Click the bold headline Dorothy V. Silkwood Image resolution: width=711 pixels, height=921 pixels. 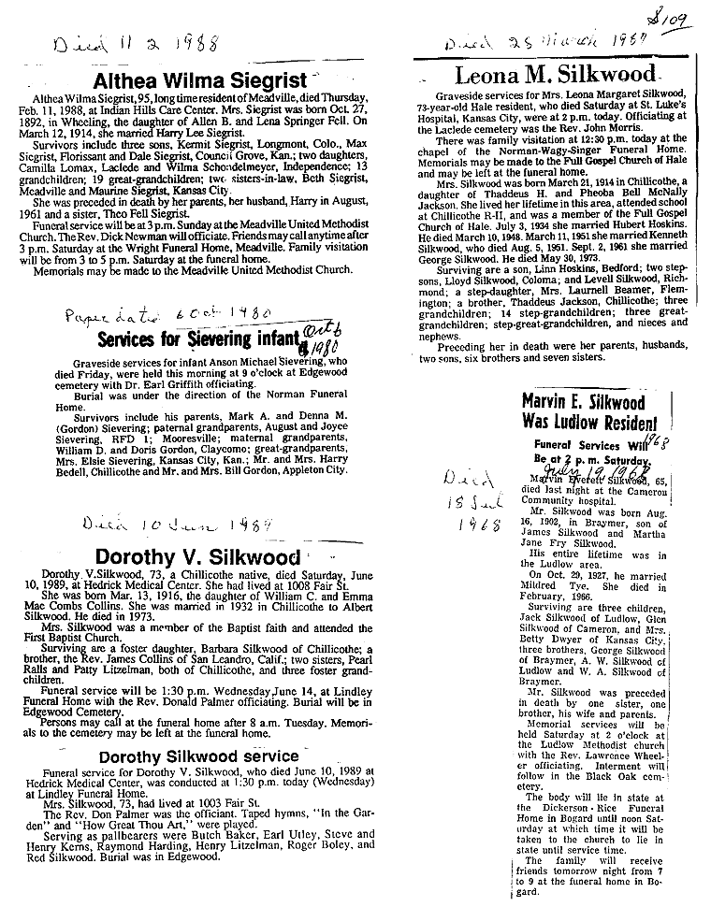pos(196,558)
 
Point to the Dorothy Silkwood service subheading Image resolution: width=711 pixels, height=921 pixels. pos(198,756)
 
